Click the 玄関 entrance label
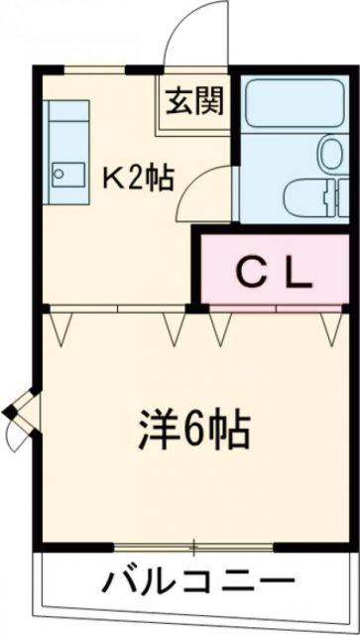coord(193,101)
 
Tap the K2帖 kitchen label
coord(140,178)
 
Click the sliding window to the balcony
coord(194,547)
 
